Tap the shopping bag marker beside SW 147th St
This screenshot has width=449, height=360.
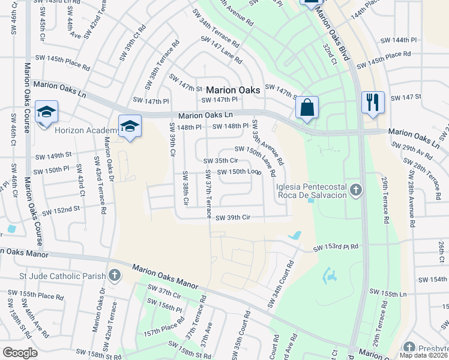pyautogui.click(x=307, y=108)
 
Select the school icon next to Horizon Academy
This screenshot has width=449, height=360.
pyautogui.click(x=130, y=126)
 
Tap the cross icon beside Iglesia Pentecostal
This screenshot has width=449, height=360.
pyautogui.click(x=356, y=190)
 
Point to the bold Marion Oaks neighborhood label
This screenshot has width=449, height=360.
pyautogui.click(x=233, y=90)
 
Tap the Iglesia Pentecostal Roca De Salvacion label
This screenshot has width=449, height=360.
pyautogui.click(x=312, y=191)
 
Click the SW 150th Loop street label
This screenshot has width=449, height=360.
pyautogui.click(x=239, y=172)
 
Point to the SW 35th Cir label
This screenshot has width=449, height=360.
pyautogui.click(x=221, y=161)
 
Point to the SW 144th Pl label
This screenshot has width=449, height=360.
pyautogui.click(x=399, y=40)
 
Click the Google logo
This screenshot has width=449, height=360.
pyautogui.click(x=20, y=353)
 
